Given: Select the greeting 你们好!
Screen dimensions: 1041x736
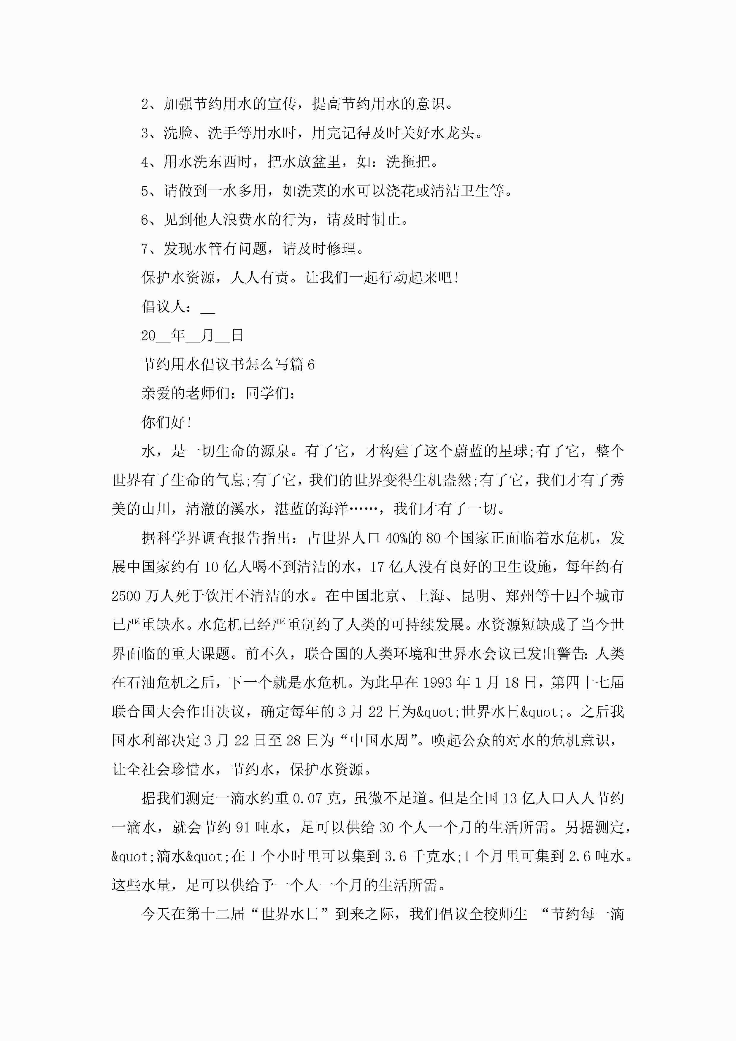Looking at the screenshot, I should click(x=166, y=423).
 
